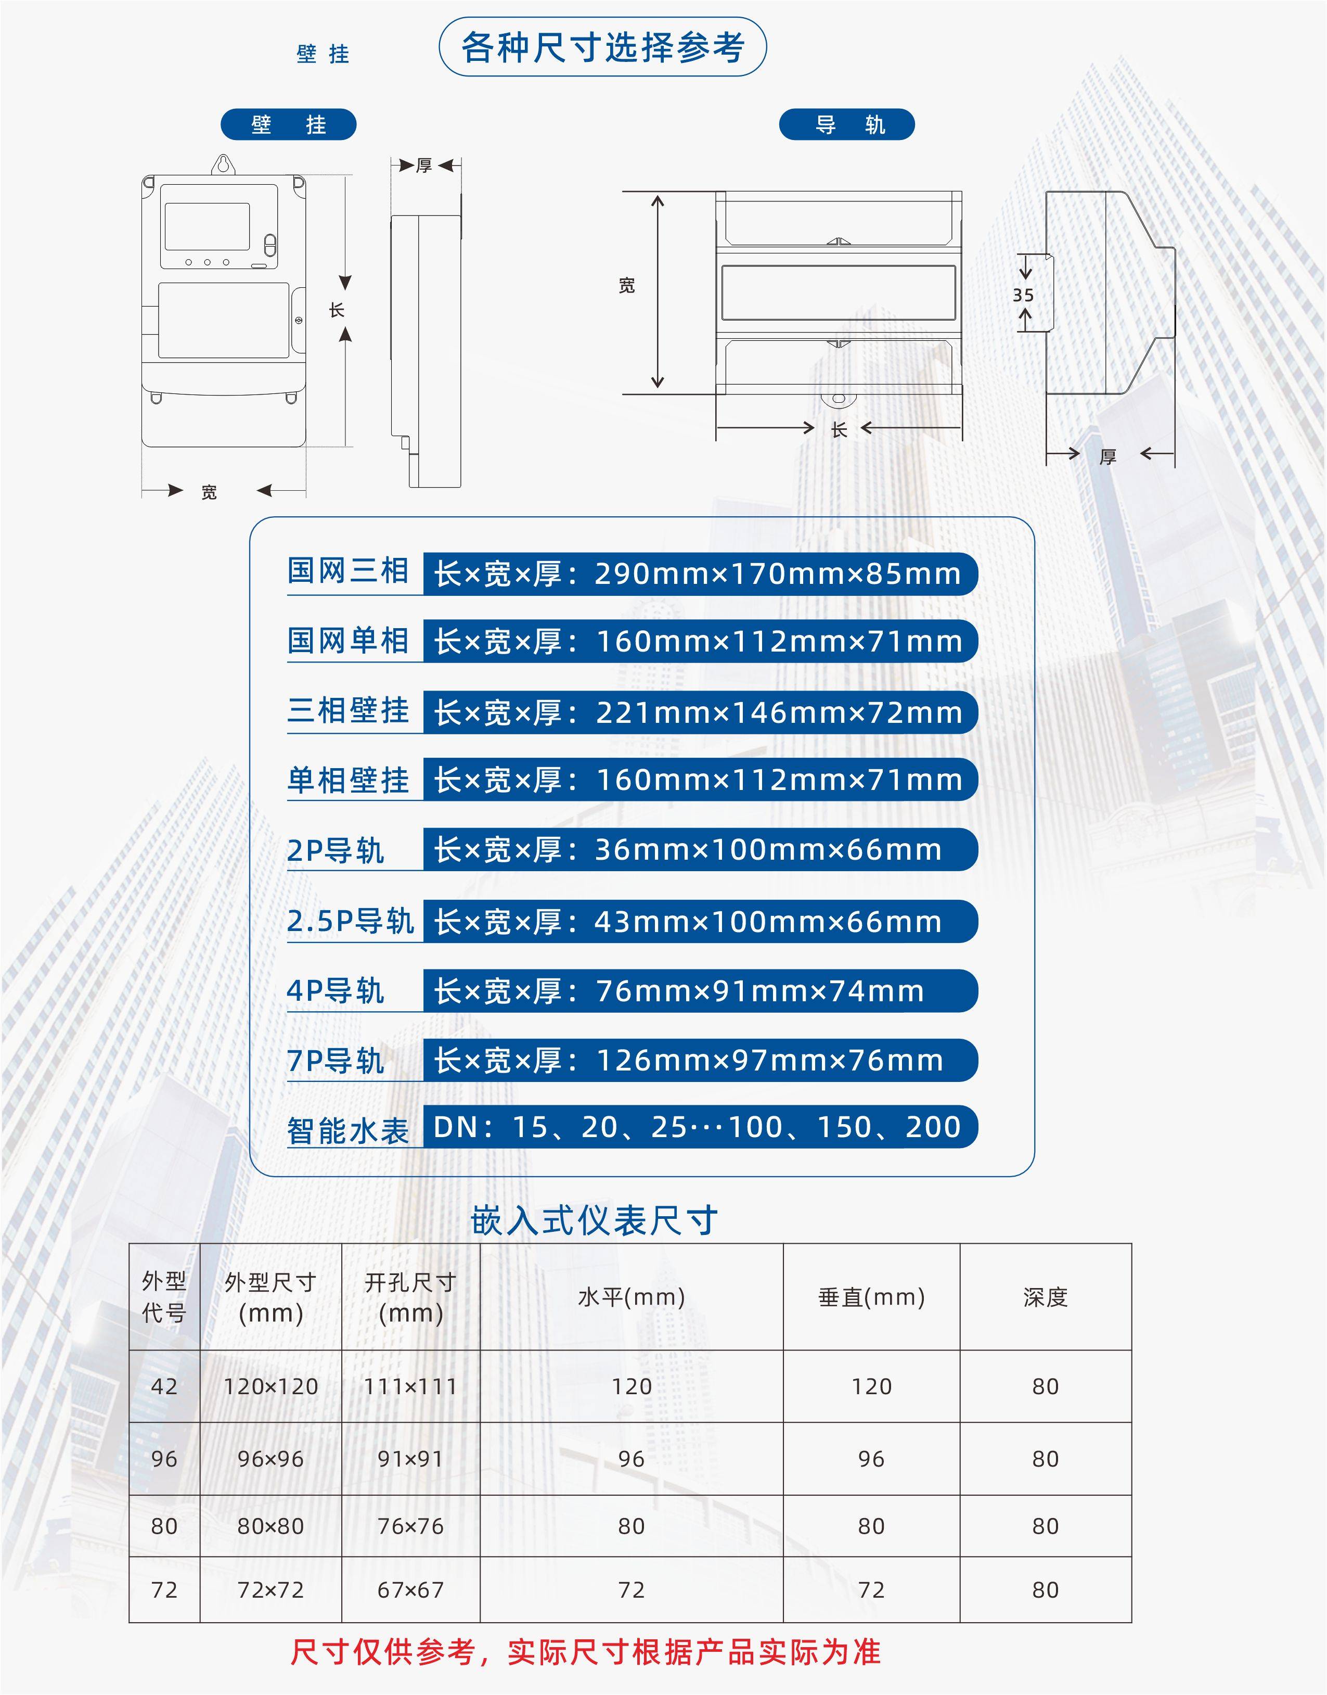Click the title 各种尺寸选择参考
click(x=603, y=47)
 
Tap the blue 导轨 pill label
click(x=847, y=124)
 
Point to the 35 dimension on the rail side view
click(x=1023, y=295)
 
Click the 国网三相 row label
click(x=347, y=571)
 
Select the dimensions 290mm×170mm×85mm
click(x=777, y=575)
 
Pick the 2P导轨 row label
click(x=336, y=850)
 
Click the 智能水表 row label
click(x=347, y=1130)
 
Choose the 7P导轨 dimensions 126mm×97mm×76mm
click(x=769, y=1061)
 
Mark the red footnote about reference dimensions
click(x=585, y=1653)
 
